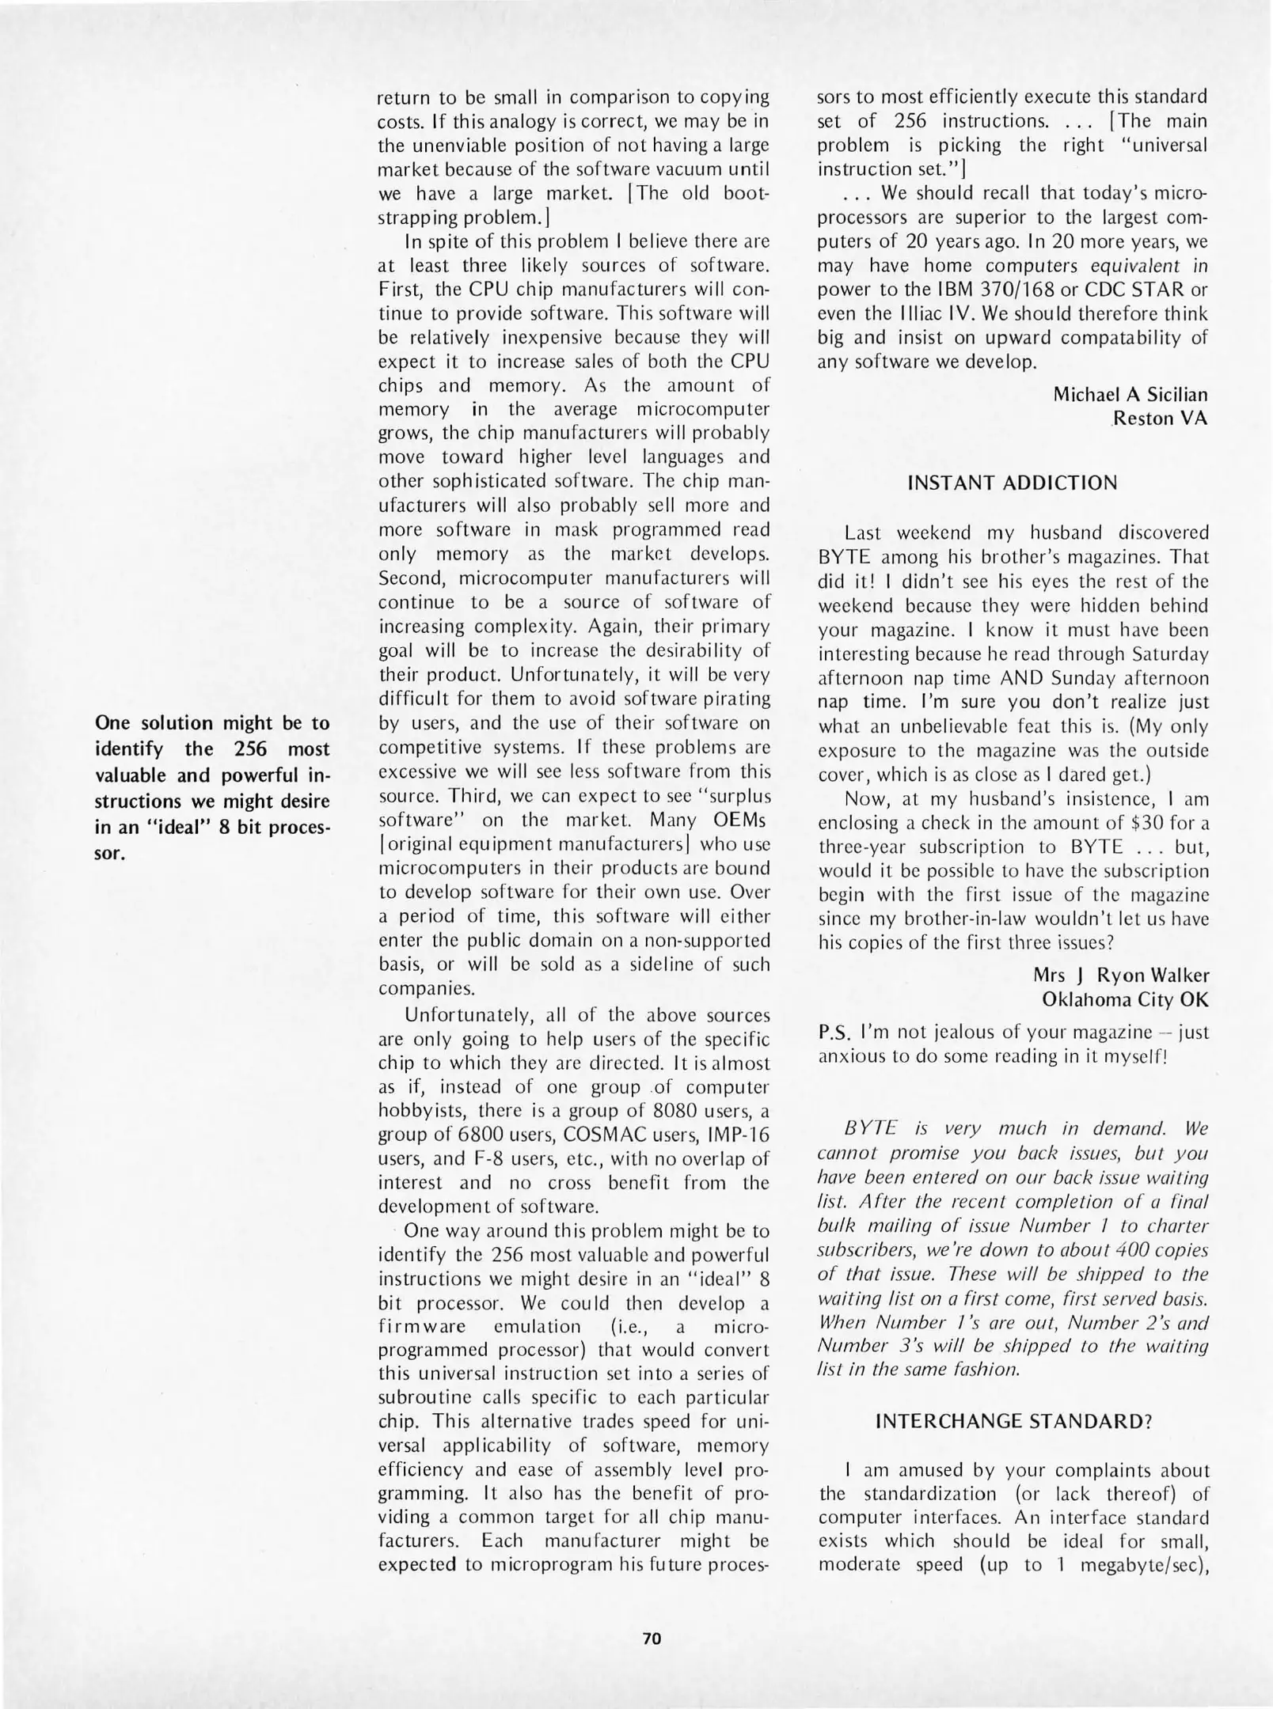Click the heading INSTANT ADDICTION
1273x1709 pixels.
[x=1013, y=483]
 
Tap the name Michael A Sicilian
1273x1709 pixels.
[x=1130, y=394]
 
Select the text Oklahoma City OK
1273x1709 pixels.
[x=1125, y=999]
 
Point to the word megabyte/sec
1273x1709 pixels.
[x=1142, y=1566]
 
